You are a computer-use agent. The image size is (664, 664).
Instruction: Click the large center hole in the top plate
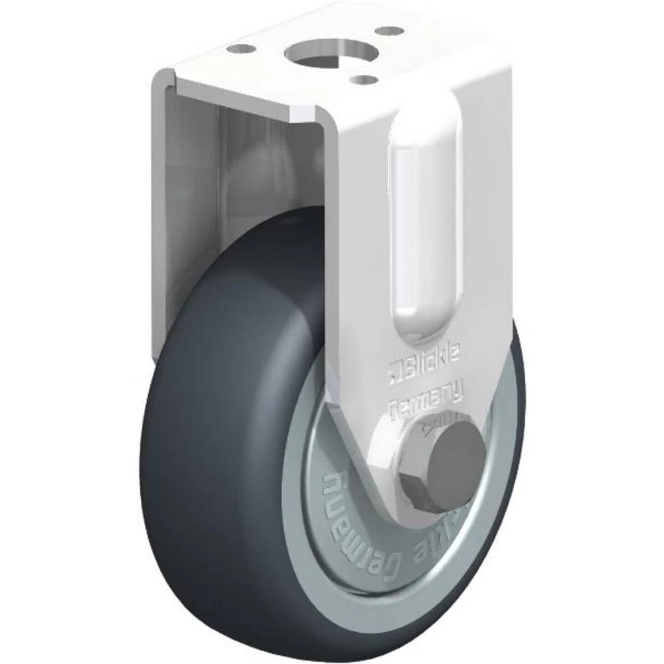coord(320,52)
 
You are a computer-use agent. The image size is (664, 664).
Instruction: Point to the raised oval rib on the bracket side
coord(425,219)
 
